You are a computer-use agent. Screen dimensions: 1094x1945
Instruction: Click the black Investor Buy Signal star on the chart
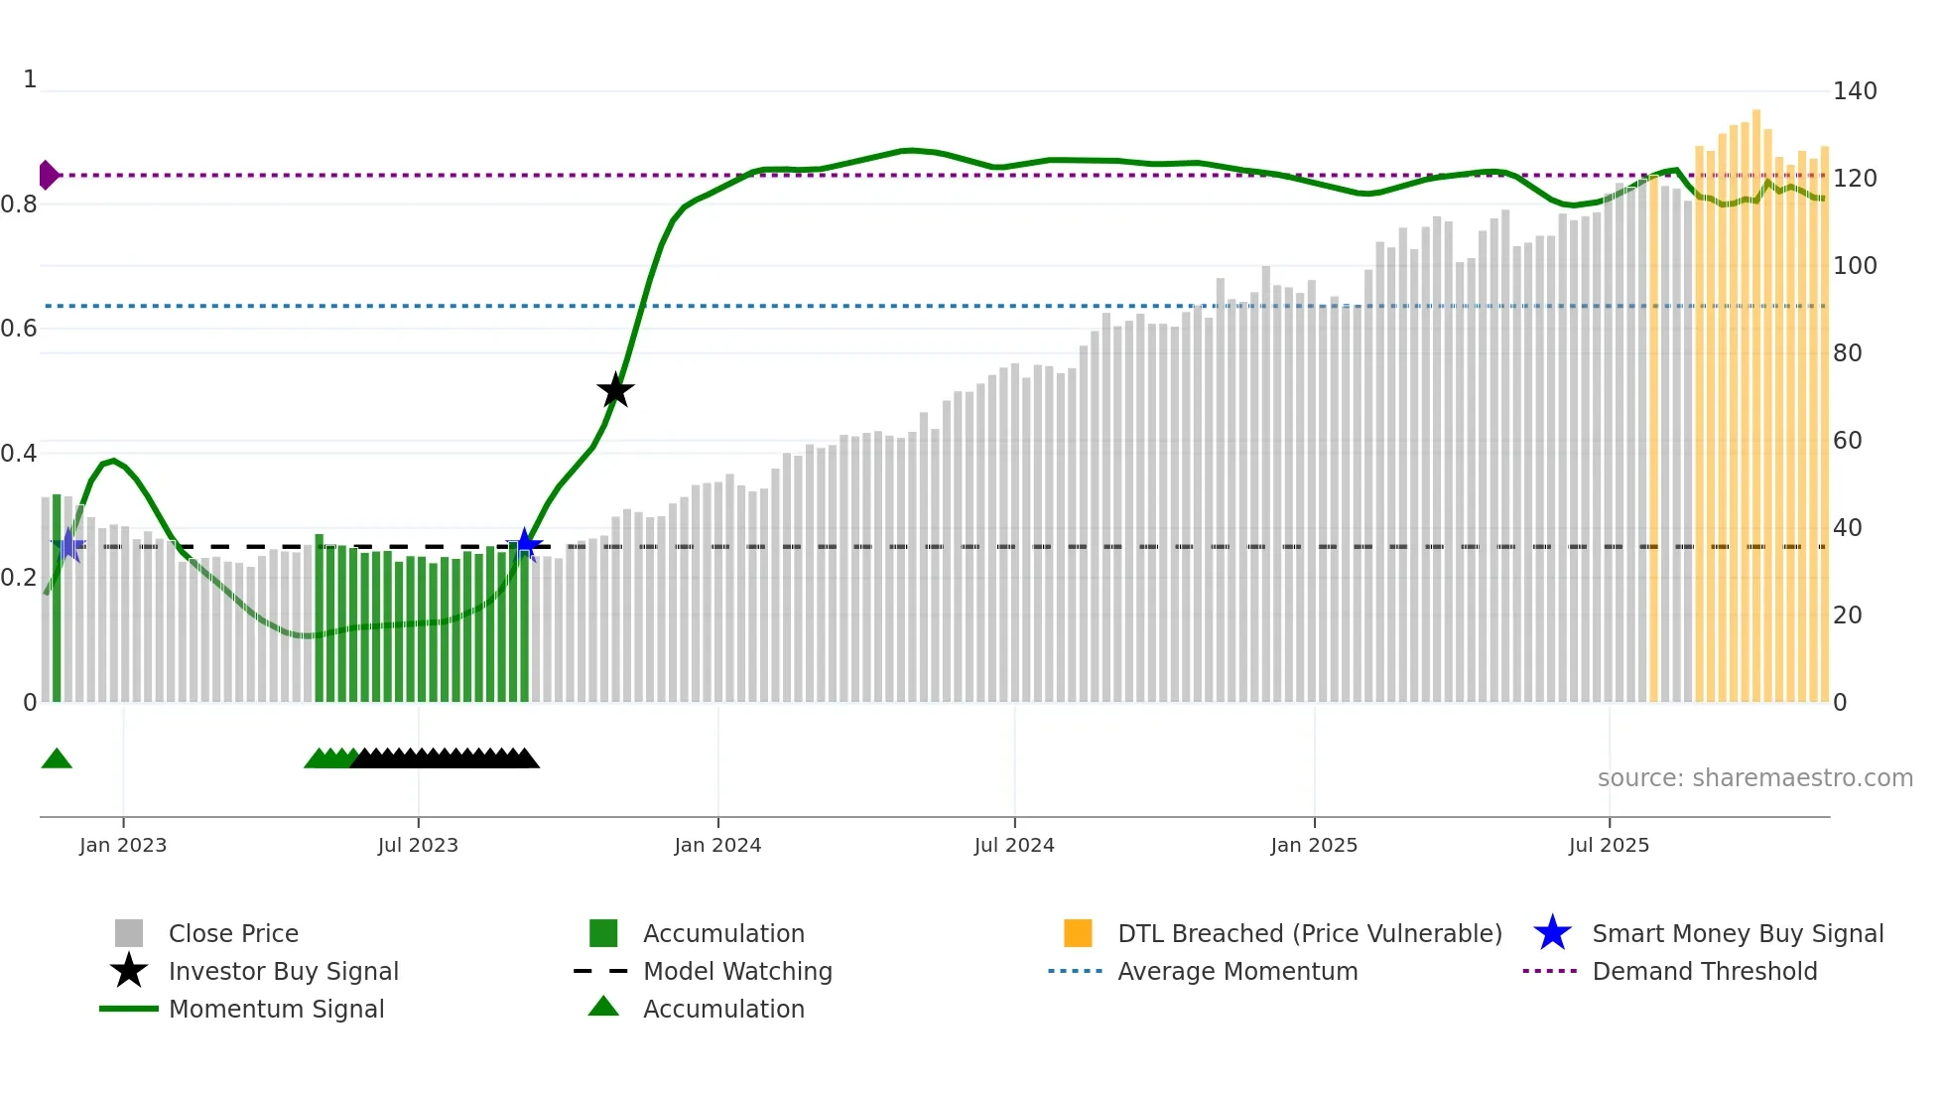[x=615, y=390]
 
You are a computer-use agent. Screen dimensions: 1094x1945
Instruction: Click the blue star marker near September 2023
[x=525, y=544]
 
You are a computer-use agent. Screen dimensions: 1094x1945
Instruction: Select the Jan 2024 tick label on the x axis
[x=717, y=845]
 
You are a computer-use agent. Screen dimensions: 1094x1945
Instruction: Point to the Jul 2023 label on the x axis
[x=418, y=845]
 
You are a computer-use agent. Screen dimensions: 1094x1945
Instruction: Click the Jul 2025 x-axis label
[x=1609, y=845]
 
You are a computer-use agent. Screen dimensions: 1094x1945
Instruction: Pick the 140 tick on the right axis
[x=1855, y=91]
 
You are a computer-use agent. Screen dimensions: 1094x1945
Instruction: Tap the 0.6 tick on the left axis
[x=19, y=329]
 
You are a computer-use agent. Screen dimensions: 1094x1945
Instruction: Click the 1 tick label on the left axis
[x=30, y=79]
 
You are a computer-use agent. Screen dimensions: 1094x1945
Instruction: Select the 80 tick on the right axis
[x=1848, y=353]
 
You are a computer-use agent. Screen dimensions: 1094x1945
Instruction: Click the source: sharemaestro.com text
[x=1754, y=778]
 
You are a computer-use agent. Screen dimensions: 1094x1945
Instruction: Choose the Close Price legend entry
[x=233, y=933]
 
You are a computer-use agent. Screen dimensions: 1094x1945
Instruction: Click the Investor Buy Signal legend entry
[x=283, y=971]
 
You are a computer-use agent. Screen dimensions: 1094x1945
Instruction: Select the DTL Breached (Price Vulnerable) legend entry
[x=1309, y=933]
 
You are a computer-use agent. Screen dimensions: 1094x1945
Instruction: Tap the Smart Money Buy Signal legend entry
[x=1737, y=933]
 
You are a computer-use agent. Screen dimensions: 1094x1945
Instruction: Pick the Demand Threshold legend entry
[x=1704, y=971]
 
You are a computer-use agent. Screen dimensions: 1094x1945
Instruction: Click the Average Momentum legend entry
[x=1236, y=971]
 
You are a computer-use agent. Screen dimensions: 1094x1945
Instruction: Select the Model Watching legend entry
[x=737, y=971]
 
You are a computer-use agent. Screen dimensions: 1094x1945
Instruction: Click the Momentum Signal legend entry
[x=276, y=1009]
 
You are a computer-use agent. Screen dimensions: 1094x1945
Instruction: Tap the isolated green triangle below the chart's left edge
[x=57, y=759]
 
